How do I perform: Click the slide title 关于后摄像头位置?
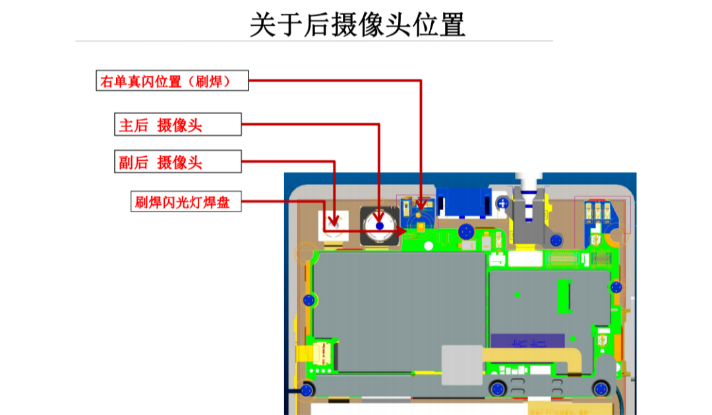pyautogui.click(x=357, y=25)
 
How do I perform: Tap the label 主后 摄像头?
pyautogui.click(x=177, y=125)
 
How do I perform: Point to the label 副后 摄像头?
pyautogui.click(x=177, y=163)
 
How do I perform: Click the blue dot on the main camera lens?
pyautogui.click(x=379, y=226)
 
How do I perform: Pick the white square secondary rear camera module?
pyautogui.click(x=334, y=224)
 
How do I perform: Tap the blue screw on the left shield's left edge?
pyautogui.click(x=307, y=301)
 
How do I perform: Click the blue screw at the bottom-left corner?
pyautogui.click(x=306, y=389)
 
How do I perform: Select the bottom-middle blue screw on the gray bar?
pyautogui.click(x=498, y=388)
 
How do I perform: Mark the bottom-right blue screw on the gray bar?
pyautogui.click(x=600, y=388)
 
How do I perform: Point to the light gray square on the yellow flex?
pyautogui.click(x=461, y=364)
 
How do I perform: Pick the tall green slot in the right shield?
pyautogui.click(x=564, y=296)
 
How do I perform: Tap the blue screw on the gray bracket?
pyautogui.click(x=557, y=238)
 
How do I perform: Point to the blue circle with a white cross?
pyautogui.click(x=502, y=203)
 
